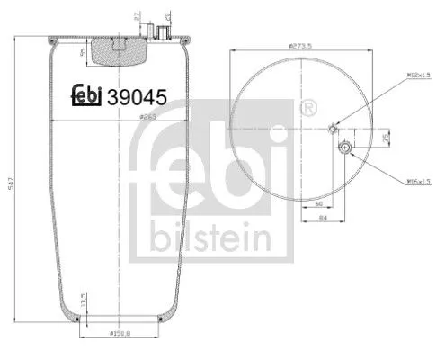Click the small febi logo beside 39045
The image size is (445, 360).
click(x=87, y=97)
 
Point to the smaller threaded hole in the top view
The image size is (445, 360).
click(x=334, y=128)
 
